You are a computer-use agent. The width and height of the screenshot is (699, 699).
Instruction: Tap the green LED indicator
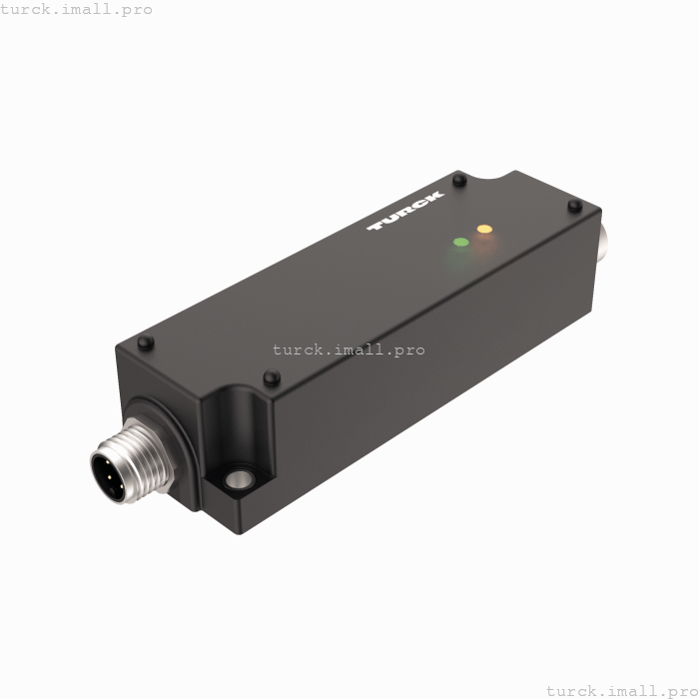pyautogui.click(x=461, y=242)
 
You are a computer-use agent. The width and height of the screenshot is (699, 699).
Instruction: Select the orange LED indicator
pyautogui.click(x=484, y=230)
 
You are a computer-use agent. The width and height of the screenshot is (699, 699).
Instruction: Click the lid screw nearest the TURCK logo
pyautogui.click(x=458, y=181)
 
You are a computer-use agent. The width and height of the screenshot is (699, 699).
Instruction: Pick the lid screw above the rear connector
pyautogui.click(x=574, y=207)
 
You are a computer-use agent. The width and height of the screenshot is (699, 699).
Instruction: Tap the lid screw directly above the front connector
pyautogui.click(x=146, y=343)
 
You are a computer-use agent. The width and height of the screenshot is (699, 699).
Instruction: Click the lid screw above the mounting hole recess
pyautogui.click(x=270, y=377)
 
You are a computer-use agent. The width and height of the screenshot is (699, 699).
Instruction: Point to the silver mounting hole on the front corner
pyautogui.click(x=238, y=481)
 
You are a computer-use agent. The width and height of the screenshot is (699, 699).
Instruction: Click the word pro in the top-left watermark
pyautogui.click(x=134, y=10)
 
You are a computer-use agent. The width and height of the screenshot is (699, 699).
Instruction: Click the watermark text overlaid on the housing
pyautogui.click(x=349, y=349)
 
